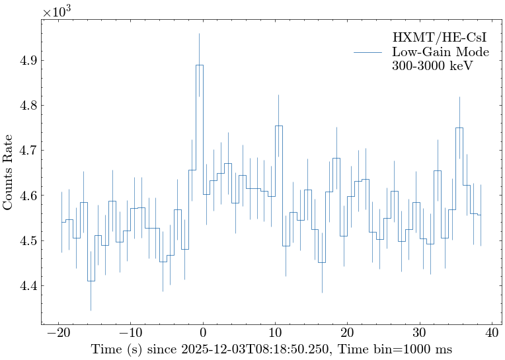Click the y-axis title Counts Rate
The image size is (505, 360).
[x=9, y=172]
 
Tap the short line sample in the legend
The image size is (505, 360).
[x=368, y=52]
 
